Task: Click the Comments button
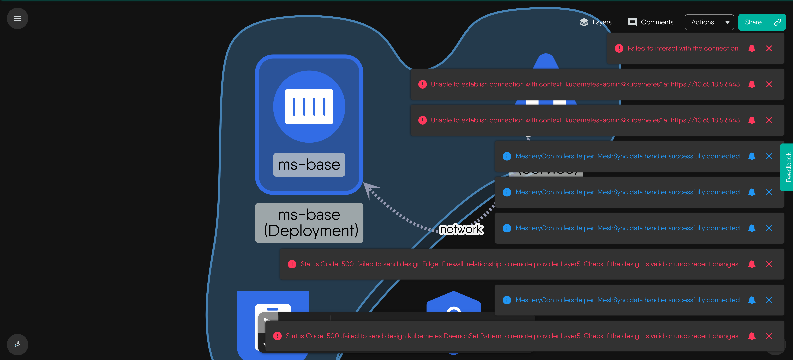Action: tap(651, 22)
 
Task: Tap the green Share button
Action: tap(753, 22)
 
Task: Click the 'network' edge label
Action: tap(461, 229)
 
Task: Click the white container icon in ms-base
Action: tap(309, 106)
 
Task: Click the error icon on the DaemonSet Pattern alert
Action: tap(277, 336)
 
